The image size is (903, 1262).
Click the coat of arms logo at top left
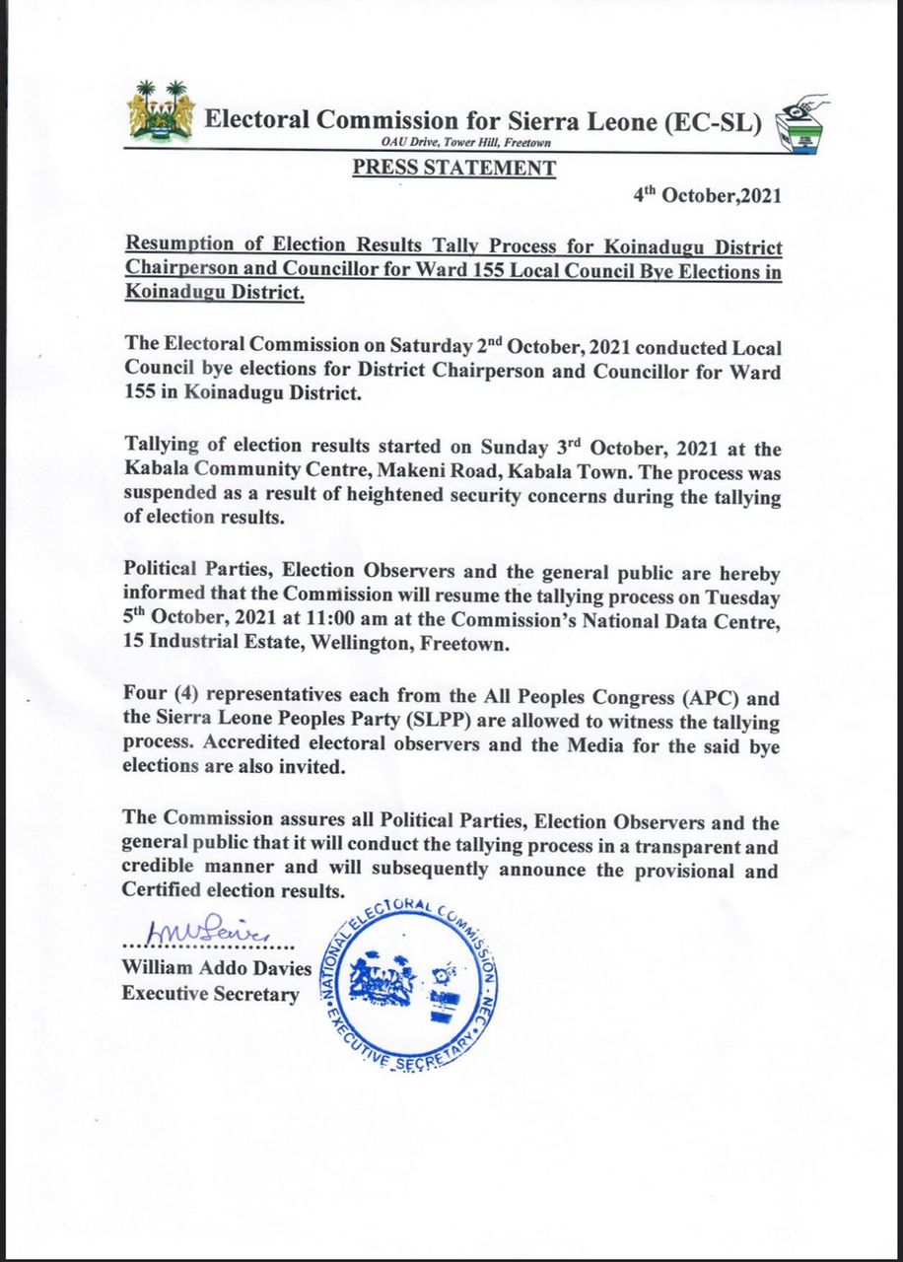(161, 109)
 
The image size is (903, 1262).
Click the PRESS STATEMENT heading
(453, 169)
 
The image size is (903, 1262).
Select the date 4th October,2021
(707, 195)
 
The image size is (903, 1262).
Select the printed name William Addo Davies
(216, 969)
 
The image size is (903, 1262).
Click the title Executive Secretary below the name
(210, 995)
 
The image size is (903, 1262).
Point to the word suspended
(180, 498)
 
